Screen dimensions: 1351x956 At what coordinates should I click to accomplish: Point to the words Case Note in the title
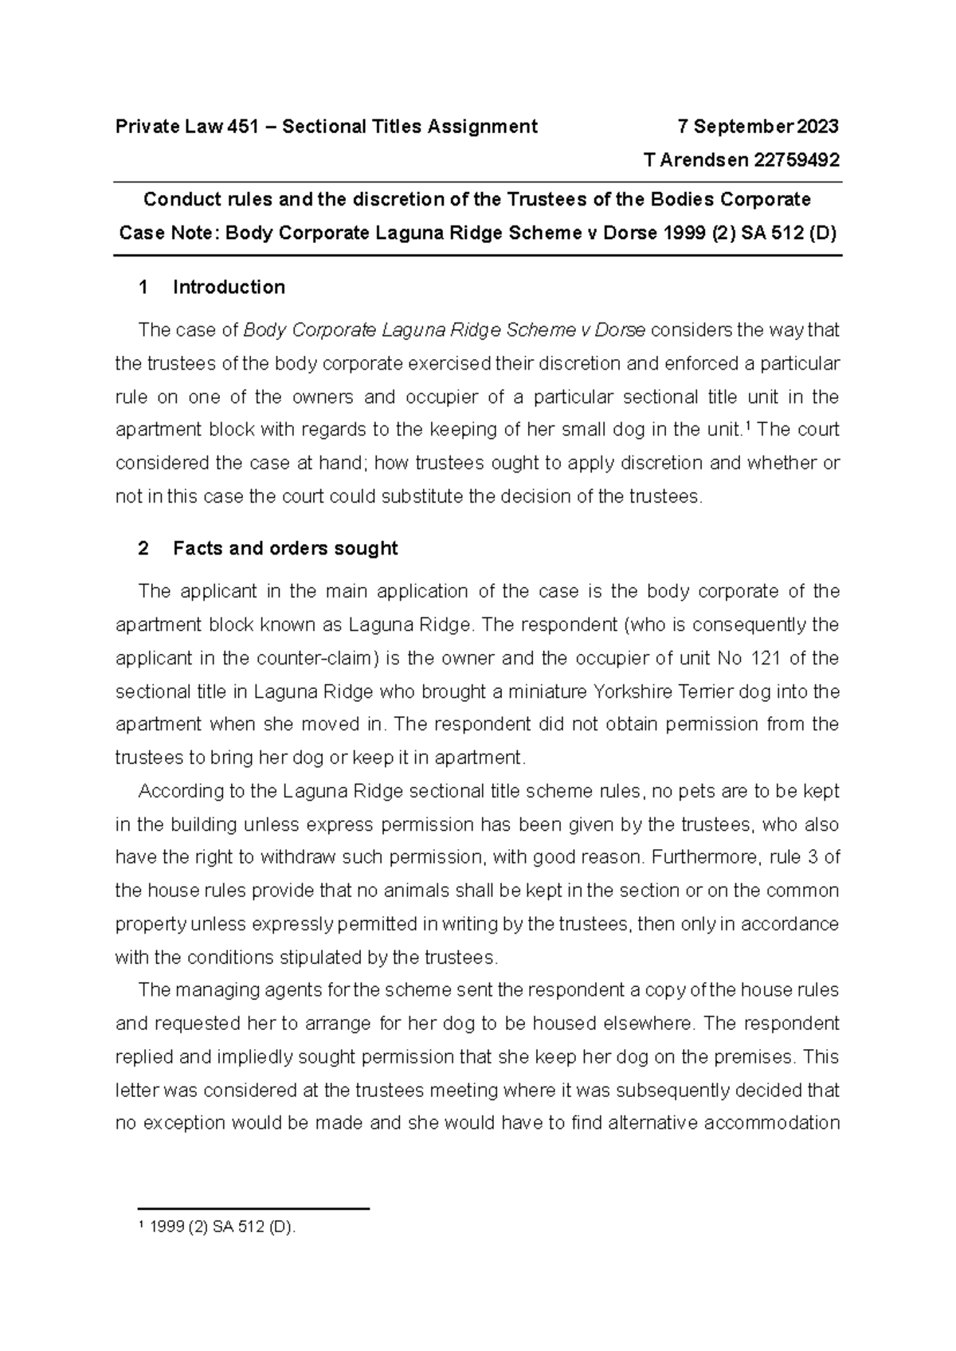(168, 233)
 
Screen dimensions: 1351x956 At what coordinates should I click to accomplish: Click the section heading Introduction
(229, 287)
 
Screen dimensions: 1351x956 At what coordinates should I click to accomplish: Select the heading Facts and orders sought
(285, 548)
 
